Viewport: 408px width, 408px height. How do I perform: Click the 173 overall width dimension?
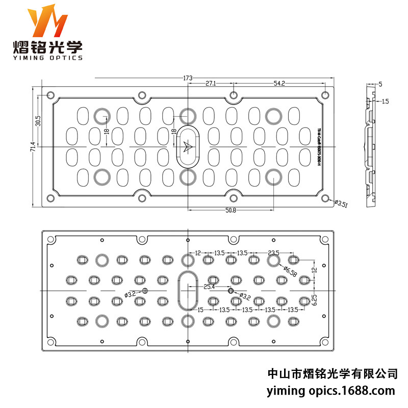(x=188, y=78)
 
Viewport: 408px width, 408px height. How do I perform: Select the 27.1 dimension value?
(x=211, y=83)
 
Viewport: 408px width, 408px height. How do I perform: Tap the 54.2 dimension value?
(x=279, y=83)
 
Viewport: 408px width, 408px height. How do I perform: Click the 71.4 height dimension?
(x=33, y=147)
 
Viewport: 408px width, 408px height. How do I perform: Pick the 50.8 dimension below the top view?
(x=231, y=211)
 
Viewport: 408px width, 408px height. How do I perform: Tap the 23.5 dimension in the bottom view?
(x=274, y=252)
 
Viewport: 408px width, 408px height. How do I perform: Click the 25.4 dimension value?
(x=210, y=287)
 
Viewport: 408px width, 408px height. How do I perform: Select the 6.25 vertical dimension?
(x=315, y=298)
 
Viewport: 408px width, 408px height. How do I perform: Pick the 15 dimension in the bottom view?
(x=200, y=310)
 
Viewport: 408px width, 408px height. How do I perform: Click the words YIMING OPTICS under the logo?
(x=48, y=58)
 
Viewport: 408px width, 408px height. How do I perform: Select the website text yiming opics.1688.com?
(x=331, y=391)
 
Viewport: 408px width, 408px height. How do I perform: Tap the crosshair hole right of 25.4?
(x=231, y=291)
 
